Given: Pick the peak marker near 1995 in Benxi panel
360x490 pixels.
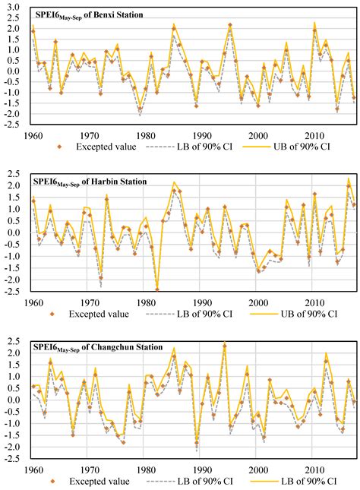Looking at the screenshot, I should (x=229, y=25).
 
